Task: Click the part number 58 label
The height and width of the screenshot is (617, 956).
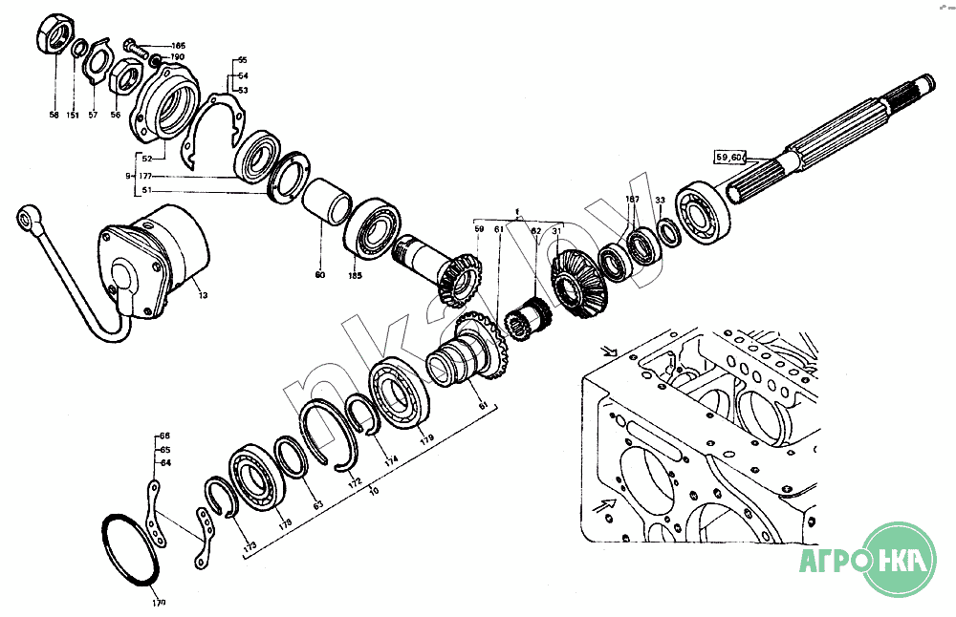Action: pos(54,116)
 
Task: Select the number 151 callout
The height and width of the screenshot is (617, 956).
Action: pos(74,116)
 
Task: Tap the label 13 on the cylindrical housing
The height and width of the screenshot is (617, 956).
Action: pos(203,296)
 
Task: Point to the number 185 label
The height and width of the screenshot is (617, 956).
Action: pos(355,276)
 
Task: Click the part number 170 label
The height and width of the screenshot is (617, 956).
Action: pos(158,603)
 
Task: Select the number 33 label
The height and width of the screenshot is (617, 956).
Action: pos(660,200)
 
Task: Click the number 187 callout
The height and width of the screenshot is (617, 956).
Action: pos(631,199)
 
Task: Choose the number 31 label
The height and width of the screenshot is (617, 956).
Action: pos(556,230)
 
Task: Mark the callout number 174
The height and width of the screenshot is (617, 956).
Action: pos(390,460)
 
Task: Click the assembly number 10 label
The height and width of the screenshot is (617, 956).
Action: pos(374,490)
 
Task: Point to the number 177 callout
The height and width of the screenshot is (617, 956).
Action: pos(145,177)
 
